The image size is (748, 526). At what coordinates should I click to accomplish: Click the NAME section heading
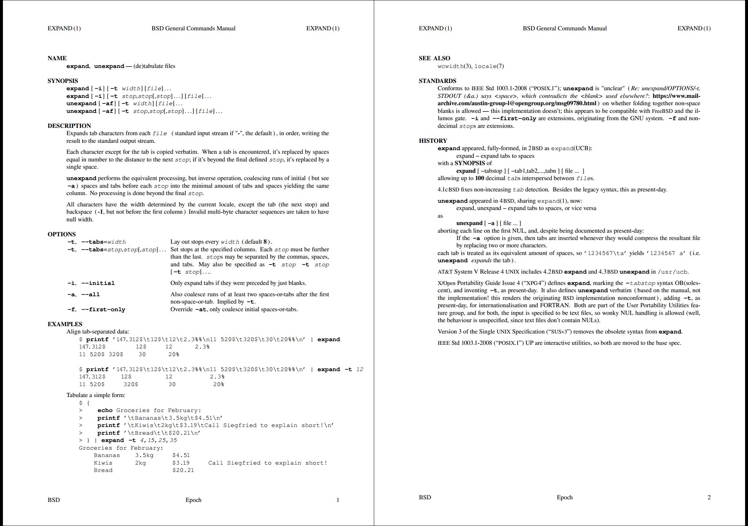pos(57,58)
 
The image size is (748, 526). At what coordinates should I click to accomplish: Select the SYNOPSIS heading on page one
pos(63,81)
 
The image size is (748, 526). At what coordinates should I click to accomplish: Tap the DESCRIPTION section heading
pos(69,126)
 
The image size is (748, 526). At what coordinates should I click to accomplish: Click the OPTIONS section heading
pos(62,234)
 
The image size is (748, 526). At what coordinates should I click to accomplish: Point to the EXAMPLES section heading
pos(65,324)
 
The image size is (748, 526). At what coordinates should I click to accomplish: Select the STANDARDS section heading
pos(437,81)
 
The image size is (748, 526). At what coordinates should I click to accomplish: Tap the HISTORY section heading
pos(433,141)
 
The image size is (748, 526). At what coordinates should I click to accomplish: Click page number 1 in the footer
pos(338,500)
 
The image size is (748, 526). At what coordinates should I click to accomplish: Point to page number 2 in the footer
pos(709,497)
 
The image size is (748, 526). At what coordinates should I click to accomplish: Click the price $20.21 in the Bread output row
pos(183,470)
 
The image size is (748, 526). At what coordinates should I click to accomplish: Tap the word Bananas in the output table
pos(107,455)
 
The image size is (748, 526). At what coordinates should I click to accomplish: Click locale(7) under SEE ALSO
pos(489,66)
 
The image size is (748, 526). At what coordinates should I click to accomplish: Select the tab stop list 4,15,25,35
pos(158,440)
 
